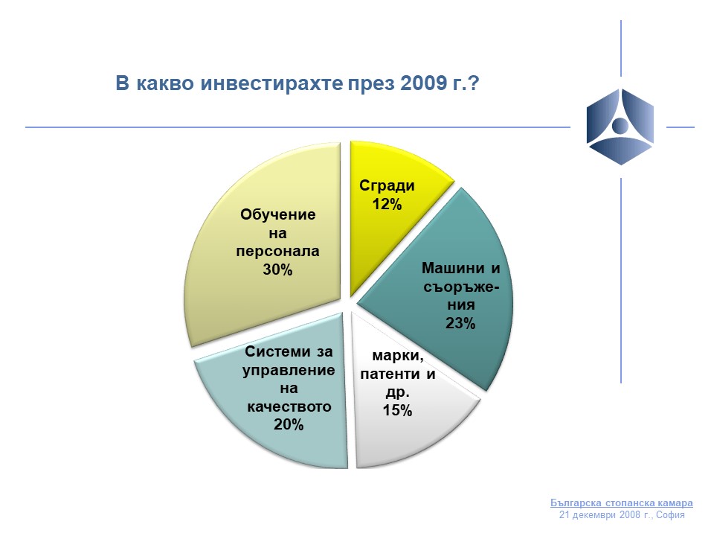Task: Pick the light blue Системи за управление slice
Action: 283,401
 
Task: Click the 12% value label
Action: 387,204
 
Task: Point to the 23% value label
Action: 460,323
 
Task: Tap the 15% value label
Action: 397,410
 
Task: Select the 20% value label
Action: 289,424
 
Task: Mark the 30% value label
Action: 277,269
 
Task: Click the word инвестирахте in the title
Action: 271,84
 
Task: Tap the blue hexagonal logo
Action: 620,127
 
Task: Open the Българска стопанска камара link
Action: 622,503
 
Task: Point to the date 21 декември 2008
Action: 600,515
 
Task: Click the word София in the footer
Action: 670,515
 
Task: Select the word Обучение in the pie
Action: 277,214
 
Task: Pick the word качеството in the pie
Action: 289,406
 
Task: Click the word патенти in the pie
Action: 390,374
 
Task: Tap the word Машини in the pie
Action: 453,268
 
